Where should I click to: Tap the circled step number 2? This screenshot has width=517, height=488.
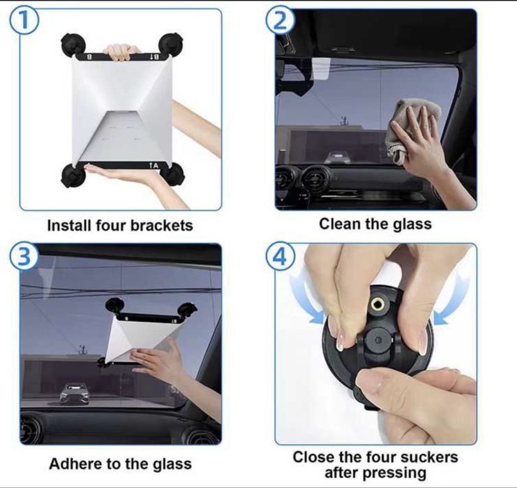pos(280,20)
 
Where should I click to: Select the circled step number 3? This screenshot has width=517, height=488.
pos(23,256)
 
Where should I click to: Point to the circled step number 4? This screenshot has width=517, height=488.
pos(280,256)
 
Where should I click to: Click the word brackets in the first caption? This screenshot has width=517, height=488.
pos(162,226)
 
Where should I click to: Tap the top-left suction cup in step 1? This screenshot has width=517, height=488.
pos(73,45)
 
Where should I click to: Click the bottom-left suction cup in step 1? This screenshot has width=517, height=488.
pos(73,176)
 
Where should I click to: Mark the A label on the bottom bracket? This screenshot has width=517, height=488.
pos(153,165)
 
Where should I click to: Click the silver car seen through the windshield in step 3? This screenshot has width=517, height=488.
pos(75,394)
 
